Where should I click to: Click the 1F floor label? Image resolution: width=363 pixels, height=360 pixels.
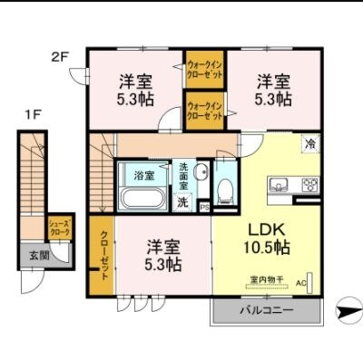pos(34,116)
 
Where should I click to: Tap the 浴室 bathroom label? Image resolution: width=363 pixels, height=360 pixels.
pos(144,174)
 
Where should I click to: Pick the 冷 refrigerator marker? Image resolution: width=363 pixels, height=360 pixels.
pos(309,144)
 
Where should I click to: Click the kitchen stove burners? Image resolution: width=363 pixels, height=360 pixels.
pos(309,187)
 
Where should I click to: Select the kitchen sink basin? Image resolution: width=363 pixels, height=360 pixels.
pos(277,187)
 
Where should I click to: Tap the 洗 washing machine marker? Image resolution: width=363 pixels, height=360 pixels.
pos(182,201)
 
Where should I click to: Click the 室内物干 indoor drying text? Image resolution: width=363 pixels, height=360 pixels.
pos(267,279)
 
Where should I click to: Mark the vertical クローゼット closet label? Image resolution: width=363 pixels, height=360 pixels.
pos(104,255)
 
